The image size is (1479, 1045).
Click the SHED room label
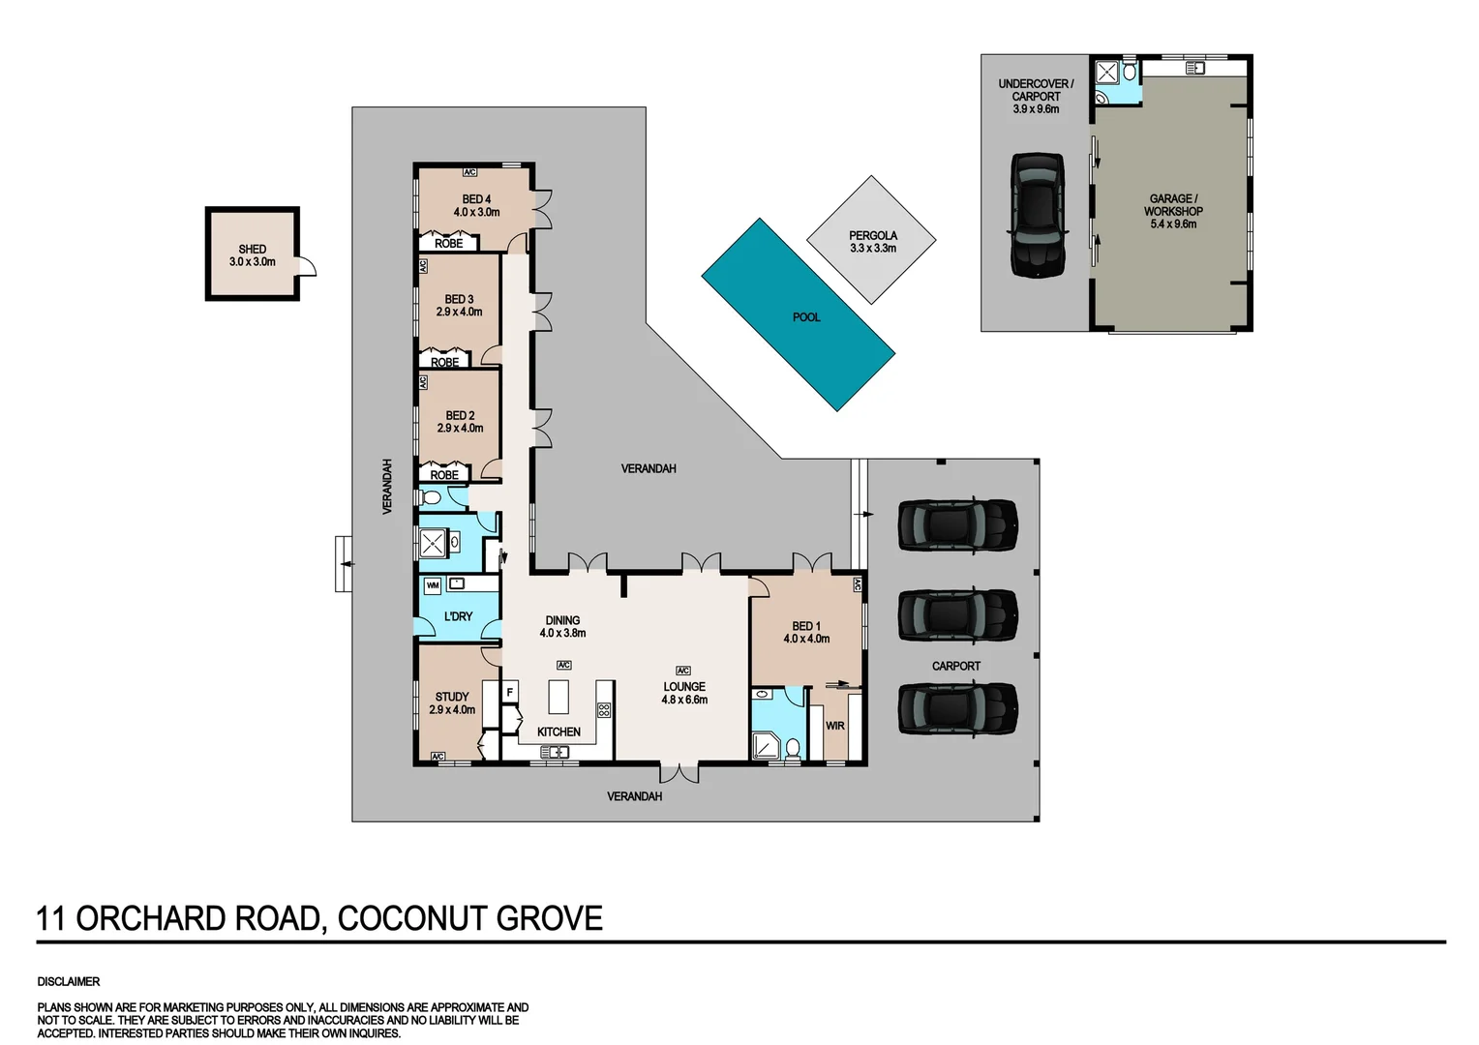(252, 249)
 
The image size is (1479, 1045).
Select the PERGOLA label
(872, 235)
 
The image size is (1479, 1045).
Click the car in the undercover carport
(1037, 215)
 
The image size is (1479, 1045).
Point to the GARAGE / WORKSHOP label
(1172, 204)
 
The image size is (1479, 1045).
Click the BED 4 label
(476, 199)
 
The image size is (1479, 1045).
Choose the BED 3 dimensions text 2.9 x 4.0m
(459, 312)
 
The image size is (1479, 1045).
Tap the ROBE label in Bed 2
(444, 475)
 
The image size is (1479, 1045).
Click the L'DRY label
(458, 616)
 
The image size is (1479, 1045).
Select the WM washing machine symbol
(432, 585)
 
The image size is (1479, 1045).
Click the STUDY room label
(451, 697)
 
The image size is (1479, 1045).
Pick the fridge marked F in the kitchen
(509, 693)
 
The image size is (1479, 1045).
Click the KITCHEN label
(558, 731)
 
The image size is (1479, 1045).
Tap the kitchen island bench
(558, 696)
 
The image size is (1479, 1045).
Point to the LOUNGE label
(683, 686)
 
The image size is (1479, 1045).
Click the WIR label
(834, 726)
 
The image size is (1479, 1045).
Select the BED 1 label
(805, 626)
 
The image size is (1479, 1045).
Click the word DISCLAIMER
(69, 981)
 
